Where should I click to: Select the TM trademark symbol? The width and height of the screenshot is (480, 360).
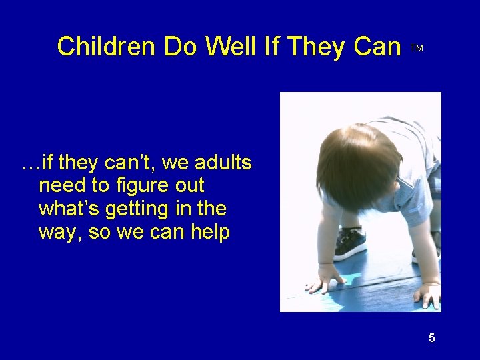[x=417, y=49]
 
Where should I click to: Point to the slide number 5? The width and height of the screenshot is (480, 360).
[x=431, y=338]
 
